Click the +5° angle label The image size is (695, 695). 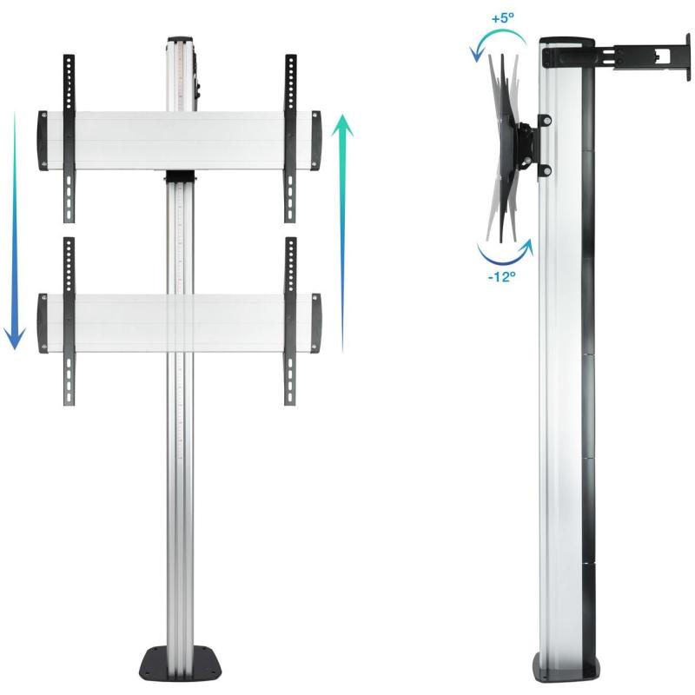click(503, 18)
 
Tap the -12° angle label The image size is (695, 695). click(502, 277)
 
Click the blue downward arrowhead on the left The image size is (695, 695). click(15, 339)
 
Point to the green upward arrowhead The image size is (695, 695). click(342, 125)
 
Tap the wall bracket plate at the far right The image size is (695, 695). click(688, 56)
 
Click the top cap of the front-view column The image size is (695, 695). click(181, 40)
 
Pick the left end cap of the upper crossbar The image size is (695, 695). click(43, 141)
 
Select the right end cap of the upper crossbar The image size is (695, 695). click(316, 141)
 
